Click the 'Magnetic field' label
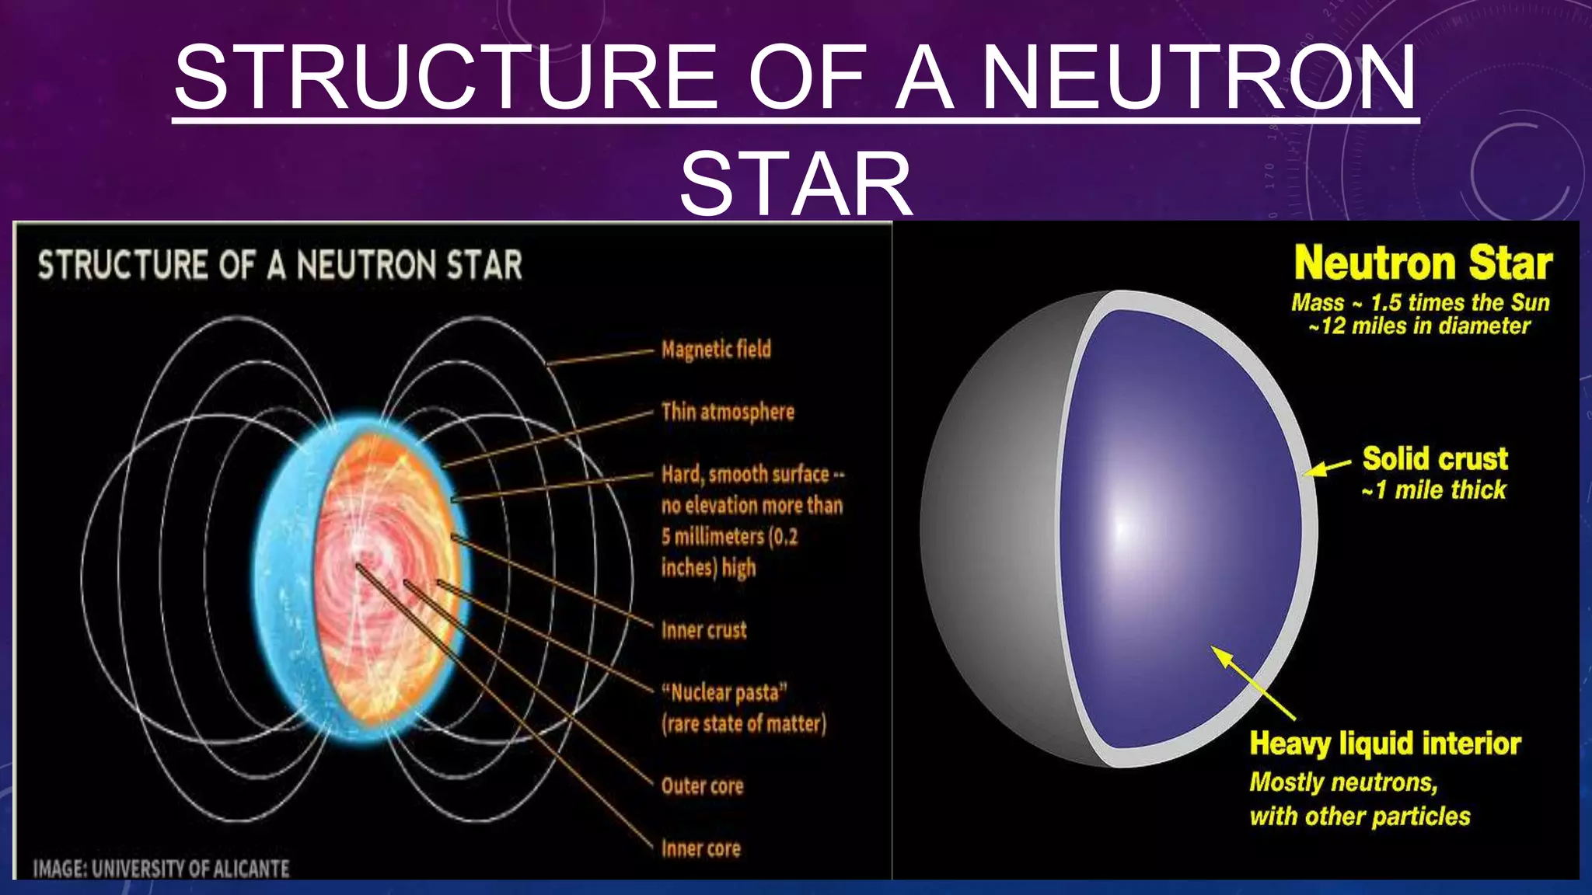coord(716,350)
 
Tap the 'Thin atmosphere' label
coord(728,412)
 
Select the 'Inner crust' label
coord(703,630)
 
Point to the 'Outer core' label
coord(702,786)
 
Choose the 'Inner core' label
coord(700,848)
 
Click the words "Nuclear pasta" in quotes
coord(724,692)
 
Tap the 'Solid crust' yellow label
coord(1435,458)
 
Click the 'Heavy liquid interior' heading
coord(1385,744)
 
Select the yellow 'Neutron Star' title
coord(1423,263)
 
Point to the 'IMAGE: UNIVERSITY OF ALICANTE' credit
coord(161,869)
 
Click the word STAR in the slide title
coord(795,184)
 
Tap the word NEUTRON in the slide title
coord(1199,77)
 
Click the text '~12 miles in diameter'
coord(1419,326)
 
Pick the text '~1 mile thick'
coord(1434,490)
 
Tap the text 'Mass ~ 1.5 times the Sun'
coord(1420,302)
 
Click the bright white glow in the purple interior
coord(1120,528)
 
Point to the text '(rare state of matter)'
coord(744,724)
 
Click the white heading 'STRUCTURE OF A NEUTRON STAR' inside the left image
coord(280,265)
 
